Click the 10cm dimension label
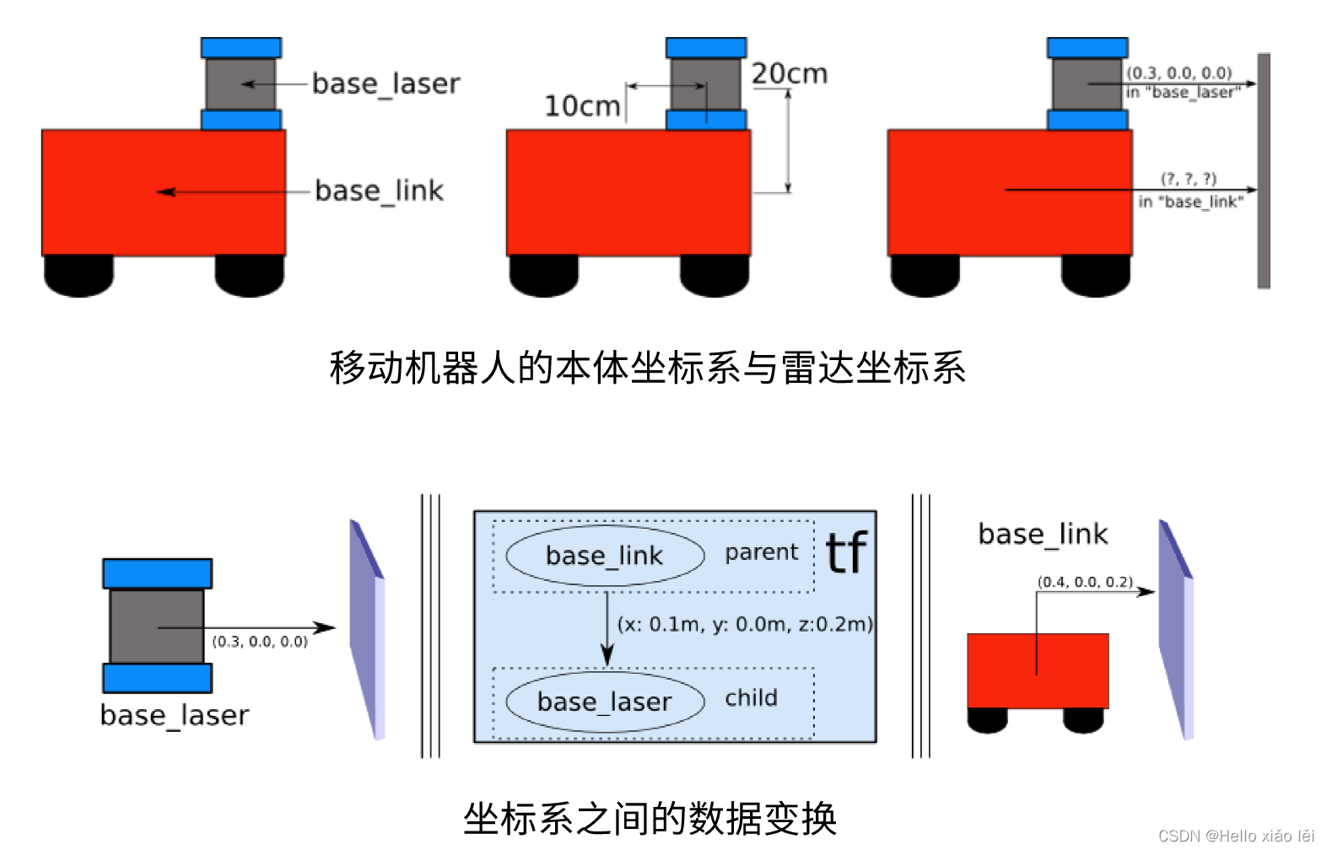pos(582,106)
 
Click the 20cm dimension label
pos(790,74)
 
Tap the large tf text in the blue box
pos(846,553)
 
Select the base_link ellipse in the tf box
pos(604,556)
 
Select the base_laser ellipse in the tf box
pos(604,702)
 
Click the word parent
pos(761,552)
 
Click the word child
pos(751,698)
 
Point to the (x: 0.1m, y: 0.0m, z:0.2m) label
pos(745,624)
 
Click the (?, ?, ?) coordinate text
pos(1189,179)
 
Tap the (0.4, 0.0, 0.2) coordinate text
pos(1085,582)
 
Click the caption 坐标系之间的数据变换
pos(650,818)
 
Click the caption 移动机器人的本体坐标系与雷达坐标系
pos(647,368)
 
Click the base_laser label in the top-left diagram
pos(386,84)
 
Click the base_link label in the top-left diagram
pos(379,191)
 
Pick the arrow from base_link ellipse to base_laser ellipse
pos(607,628)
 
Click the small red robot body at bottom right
pos(1038,671)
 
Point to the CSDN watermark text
pos(1236,836)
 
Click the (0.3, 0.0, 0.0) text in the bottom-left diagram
pos(260,642)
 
